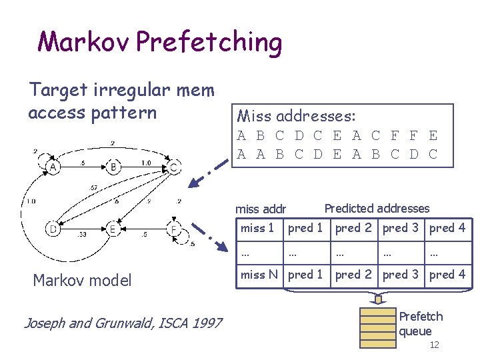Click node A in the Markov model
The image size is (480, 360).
pyautogui.click(x=52, y=167)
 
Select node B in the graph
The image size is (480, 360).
pyautogui.click(x=114, y=167)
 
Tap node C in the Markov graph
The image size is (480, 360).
pyautogui.click(x=173, y=167)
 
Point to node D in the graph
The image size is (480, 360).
pyautogui.click(x=52, y=230)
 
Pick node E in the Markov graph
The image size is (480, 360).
pyautogui.click(x=114, y=230)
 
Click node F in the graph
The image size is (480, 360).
pyautogui.click(x=173, y=230)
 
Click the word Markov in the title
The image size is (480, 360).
pyautogui.click(x=84, y=42)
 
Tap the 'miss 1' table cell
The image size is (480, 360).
pyautogui.click(x=257, y=229)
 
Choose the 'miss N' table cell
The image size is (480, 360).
pyautogui.click(x=259, y=274)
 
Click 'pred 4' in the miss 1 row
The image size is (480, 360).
pyautogui.click(x=447, y=229)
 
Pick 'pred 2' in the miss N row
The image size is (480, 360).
pyautogui.click(x=353, y=274)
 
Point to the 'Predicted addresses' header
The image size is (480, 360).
pyautogui.click(x=377, y=209)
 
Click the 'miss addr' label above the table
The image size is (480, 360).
pyautogui.click(x=261, y=210)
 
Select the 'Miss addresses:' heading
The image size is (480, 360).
pyautogui.click(x=296, y=117)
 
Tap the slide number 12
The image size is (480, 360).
pyautogui.click(x=434, y=345)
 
